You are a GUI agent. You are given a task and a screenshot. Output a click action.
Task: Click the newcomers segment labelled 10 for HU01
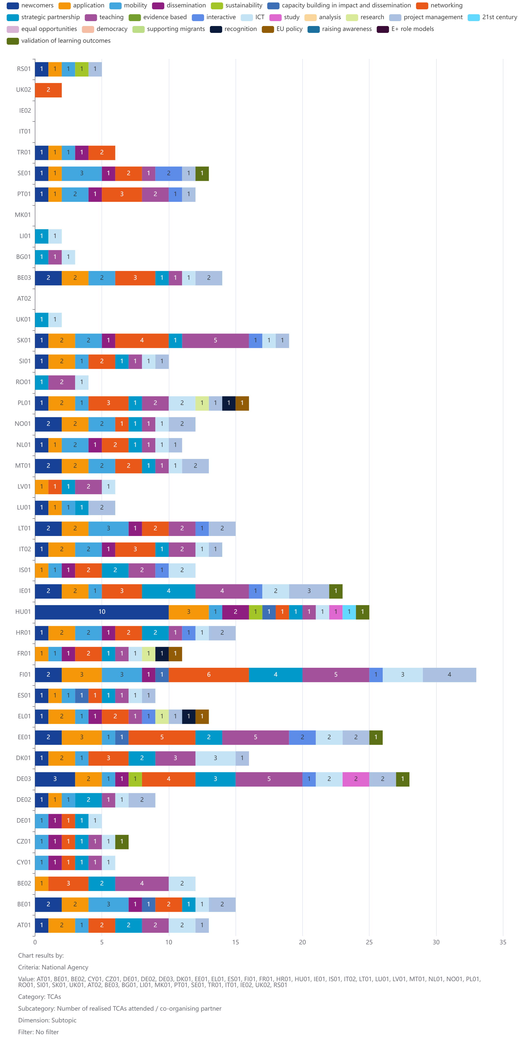pyautogui.click(x=102, y=612)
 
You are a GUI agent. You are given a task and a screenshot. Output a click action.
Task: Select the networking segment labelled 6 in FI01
pyautogui.click(x=209, y=674)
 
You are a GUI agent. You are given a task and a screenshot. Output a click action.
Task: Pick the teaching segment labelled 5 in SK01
pyautogui.click(x=215, y=340)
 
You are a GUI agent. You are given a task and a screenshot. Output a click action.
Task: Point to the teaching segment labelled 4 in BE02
pyautogui.click(x=142, y=883)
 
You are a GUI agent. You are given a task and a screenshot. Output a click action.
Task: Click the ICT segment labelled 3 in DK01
pyautogui.click(x=215, y=758)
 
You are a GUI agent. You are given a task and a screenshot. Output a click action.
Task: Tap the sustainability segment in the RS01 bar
pyautogui.click(x=81, y=69)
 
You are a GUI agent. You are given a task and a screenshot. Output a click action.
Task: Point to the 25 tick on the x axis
pyautogui.click(x=369, y=942)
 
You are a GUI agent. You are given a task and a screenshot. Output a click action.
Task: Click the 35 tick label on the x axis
pyautogui.click(x=502, y=942)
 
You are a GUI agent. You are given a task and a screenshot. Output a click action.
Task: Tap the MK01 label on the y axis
pyautogui.click(x=23, y=215)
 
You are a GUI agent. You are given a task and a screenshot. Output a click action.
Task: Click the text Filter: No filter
pyautogui.click(x=39, y=1032)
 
